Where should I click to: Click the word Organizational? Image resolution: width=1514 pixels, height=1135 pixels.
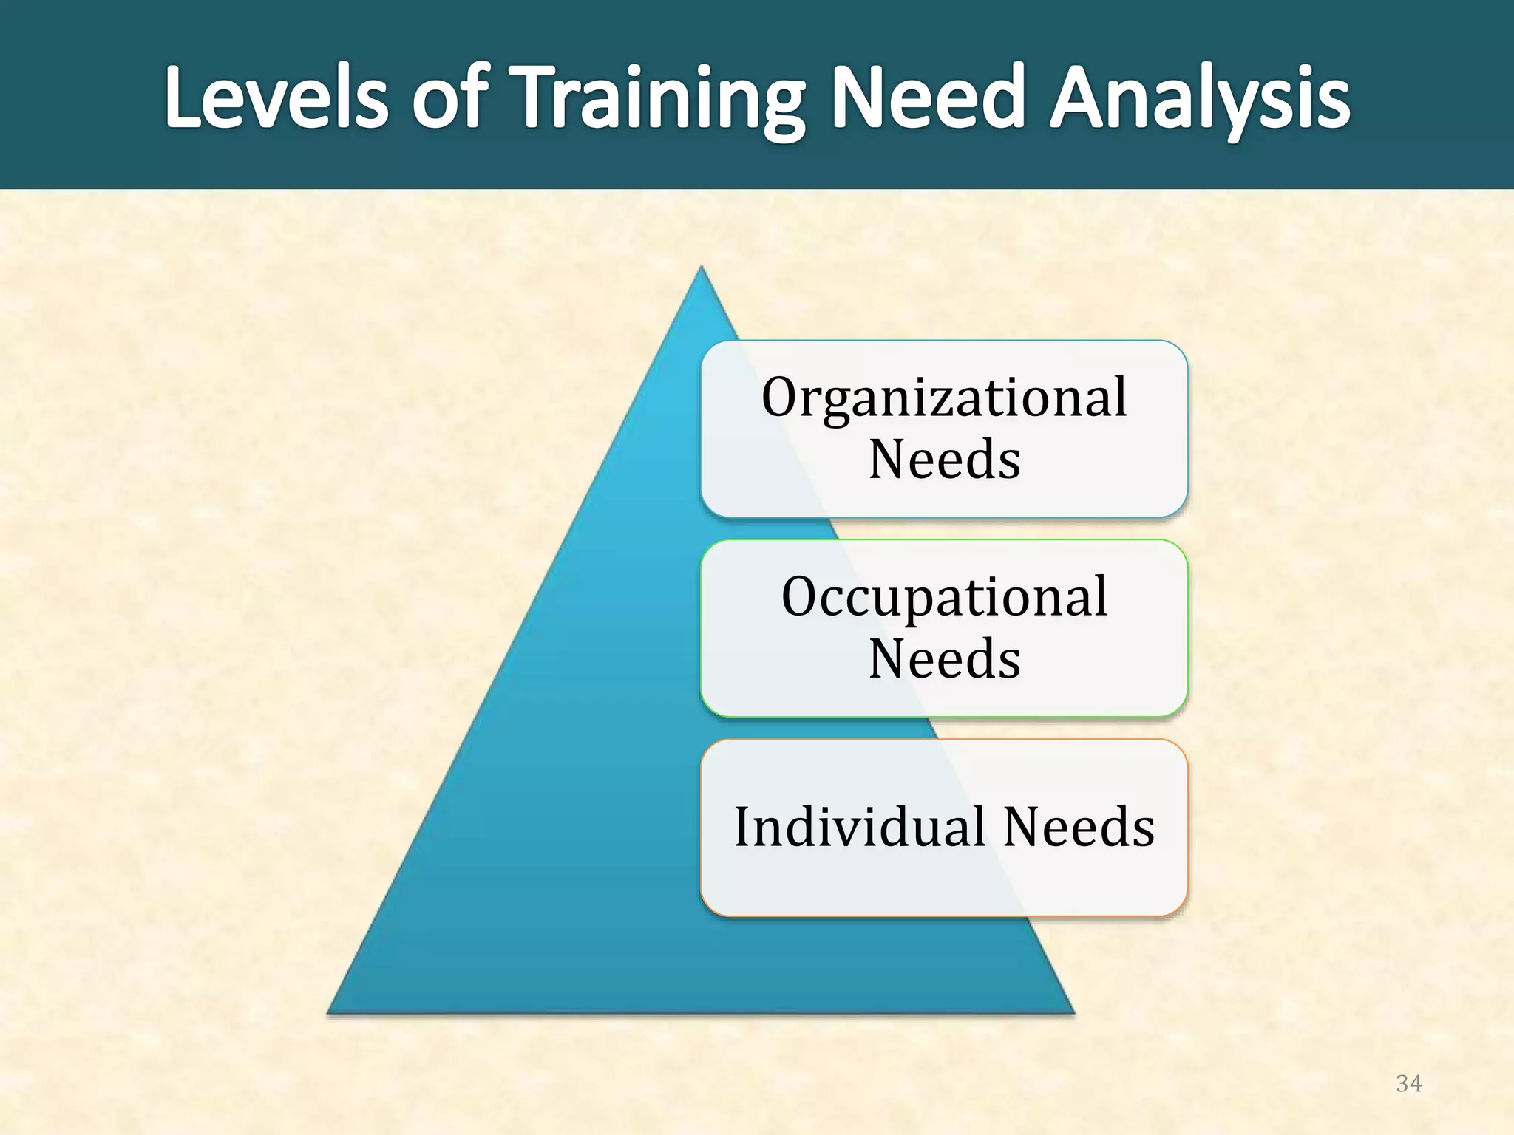(x=944, y=398)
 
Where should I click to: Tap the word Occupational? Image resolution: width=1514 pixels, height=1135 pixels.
(x=944, y=597)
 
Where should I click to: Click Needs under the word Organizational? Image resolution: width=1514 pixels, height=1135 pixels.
(x=944, y=460)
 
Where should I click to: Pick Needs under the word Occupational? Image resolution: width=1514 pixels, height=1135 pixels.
(x=944, y=659)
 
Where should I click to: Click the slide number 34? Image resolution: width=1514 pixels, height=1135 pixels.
(x=1408, y=1084)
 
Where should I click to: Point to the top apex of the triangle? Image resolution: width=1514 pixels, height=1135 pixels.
(x=701, y=269)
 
